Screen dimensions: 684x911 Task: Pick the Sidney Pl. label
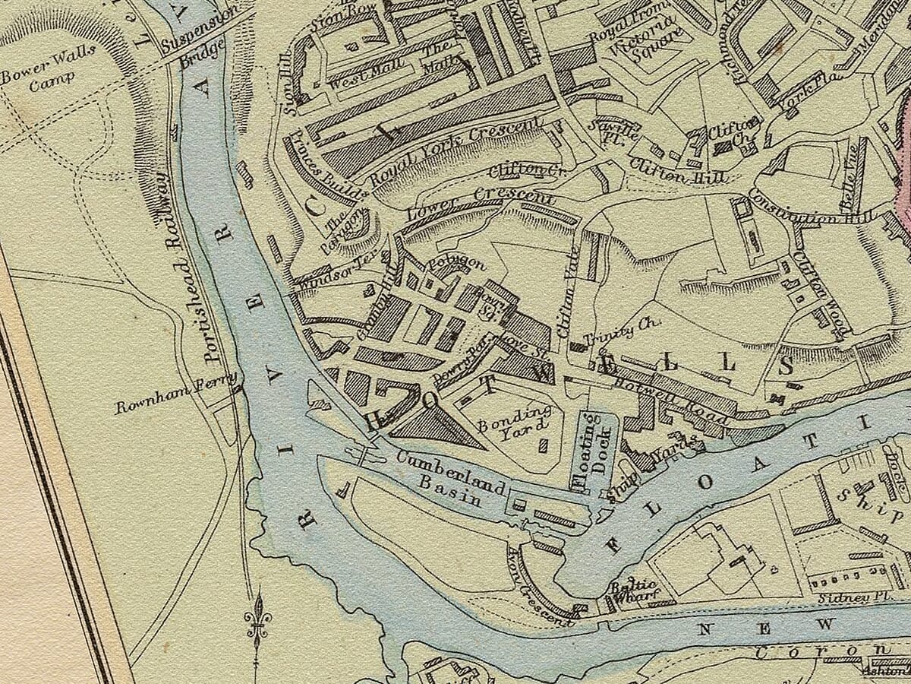coord(843,598)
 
